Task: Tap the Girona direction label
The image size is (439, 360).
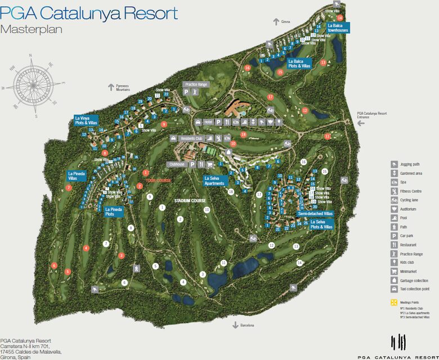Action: [285, 22]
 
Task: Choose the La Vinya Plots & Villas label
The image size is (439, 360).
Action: [86, 121]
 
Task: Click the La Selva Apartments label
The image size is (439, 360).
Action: [214, 180]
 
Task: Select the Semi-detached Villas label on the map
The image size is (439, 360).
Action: [315, 214]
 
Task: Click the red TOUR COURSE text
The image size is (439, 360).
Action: [158, 181]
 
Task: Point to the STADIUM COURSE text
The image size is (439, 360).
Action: [190, 201]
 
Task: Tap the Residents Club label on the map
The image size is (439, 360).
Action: [191, 137]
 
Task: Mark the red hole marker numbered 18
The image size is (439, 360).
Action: [243, 135]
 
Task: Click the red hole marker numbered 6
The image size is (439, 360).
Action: [54, 265]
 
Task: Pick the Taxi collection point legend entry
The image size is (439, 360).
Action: [414, 288]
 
